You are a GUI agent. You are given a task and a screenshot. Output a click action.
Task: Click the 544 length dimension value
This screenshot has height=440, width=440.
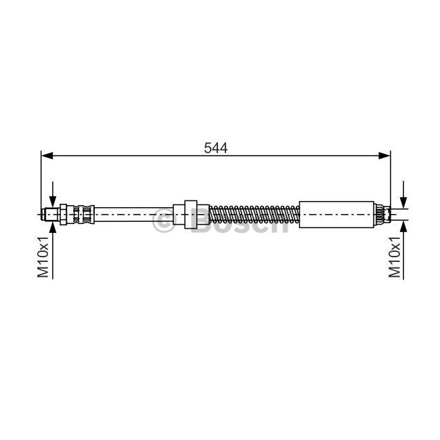tap(215, 148)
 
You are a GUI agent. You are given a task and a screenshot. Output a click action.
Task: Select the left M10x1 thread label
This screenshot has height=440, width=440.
tap(43, 257)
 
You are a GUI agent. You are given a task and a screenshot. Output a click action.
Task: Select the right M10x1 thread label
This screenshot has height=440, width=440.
tap(394, 257)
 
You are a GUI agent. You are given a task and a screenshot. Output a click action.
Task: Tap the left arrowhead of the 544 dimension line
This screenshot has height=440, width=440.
tap(47, 156)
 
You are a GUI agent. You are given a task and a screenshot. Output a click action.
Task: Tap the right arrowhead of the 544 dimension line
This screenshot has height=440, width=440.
tap(384, 156)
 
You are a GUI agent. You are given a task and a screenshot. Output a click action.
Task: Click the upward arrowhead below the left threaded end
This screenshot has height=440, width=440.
tap(53, 227)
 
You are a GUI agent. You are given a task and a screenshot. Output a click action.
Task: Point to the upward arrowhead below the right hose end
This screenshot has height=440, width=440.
tap(403, 227)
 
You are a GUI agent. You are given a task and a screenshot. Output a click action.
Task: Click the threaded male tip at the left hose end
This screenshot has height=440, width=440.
tap(51, 215)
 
